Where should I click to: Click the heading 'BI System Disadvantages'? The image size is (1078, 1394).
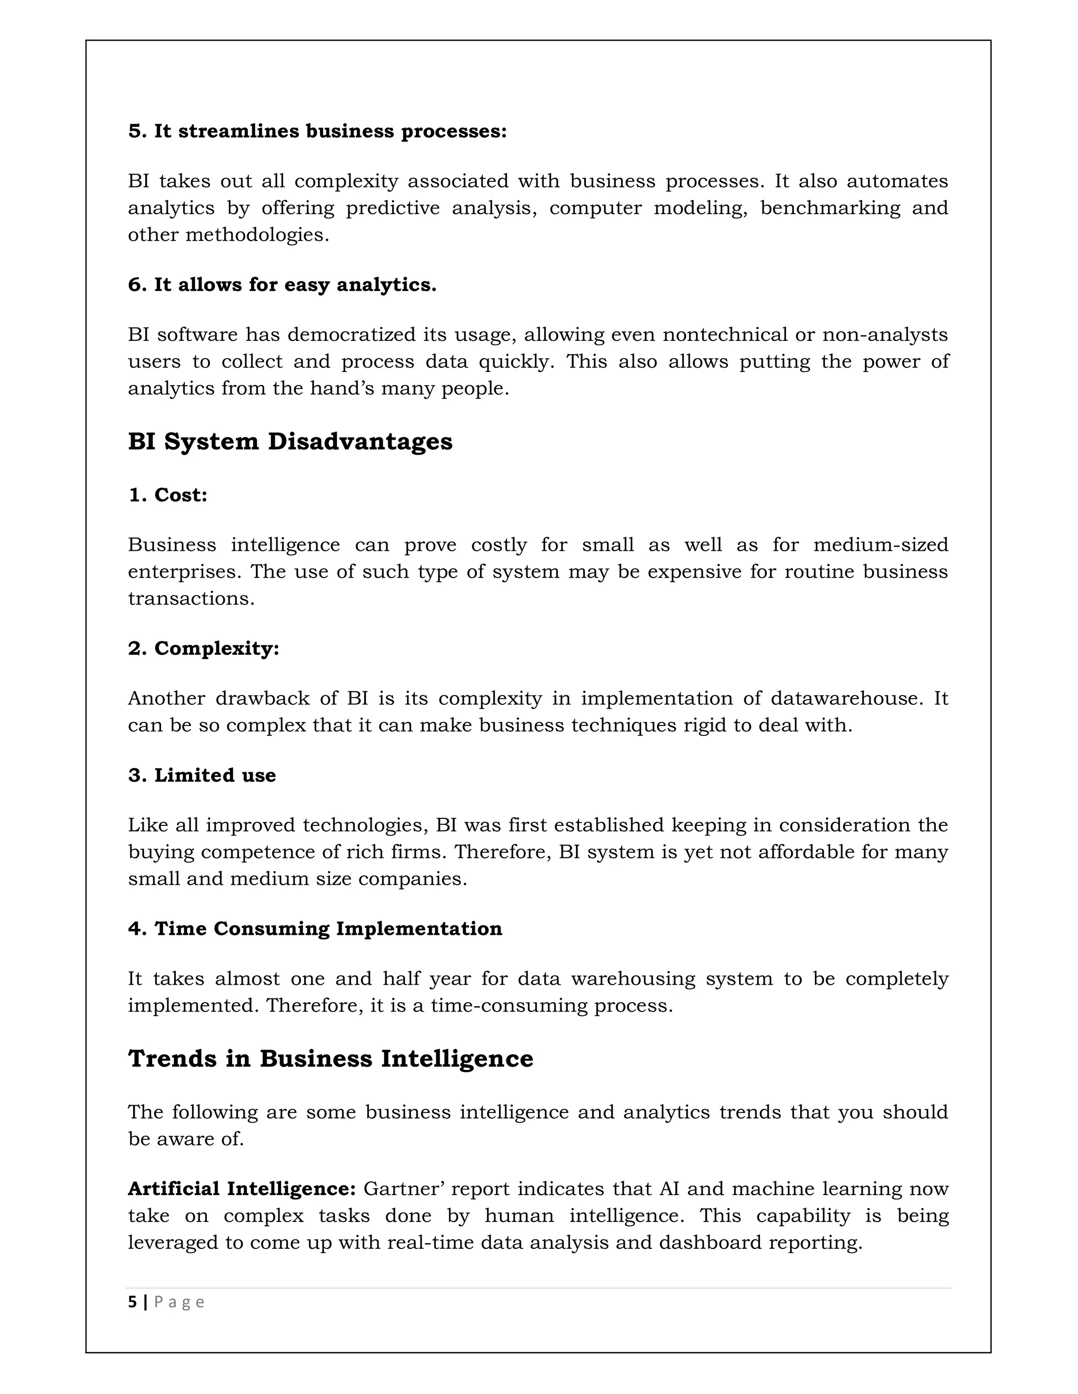coord(290,442)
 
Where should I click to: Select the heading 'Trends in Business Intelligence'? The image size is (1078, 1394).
coord(330,1058)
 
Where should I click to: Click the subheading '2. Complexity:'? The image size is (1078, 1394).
coord(204,648)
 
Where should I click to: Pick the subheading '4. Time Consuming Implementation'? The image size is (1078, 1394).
coord(315,928)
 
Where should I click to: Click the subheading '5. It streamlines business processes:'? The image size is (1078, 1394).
coord(317,131)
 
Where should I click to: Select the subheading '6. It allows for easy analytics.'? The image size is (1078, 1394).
coord(282,285)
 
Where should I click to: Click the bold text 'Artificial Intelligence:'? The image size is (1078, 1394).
coord(242,1188)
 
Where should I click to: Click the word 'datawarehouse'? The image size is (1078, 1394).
coord(847,698)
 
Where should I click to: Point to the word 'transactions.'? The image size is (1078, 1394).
coord(191,598)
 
